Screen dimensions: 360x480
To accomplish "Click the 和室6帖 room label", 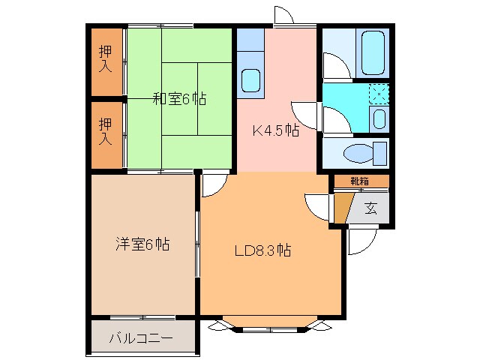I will pos(180,98).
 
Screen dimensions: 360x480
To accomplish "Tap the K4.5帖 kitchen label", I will pos(275,130).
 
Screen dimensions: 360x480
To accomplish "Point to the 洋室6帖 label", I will pos(142,244).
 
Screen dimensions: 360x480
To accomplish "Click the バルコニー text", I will pos(141,339).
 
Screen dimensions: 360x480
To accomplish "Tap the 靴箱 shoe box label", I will pos(360,181).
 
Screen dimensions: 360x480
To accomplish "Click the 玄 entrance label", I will pos(370,208).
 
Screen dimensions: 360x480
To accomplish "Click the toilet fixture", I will pos(360,153).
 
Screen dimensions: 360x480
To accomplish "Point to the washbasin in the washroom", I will pos(379,118).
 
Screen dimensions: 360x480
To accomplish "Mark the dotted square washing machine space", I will pos(380,94).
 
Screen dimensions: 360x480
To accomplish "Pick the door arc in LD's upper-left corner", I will pos(213,184).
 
